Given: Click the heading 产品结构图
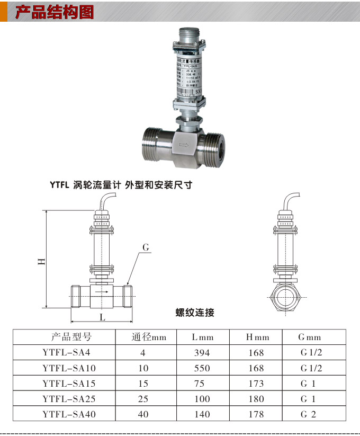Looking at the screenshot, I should [55, 12].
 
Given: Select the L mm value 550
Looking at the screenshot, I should [202, 368].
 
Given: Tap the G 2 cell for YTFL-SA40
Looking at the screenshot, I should [308, 414].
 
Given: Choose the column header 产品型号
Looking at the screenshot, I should [71, 337].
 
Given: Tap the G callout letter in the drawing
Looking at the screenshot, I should [147, 247].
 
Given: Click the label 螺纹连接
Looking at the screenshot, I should [195, 313].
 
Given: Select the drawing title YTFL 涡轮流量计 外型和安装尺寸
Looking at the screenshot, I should [121, 185].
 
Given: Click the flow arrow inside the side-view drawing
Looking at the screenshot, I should [102, 291].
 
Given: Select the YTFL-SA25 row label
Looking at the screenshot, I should [69, 398].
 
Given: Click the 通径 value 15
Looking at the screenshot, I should [143, 383].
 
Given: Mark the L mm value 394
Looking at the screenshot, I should [202, 353].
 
